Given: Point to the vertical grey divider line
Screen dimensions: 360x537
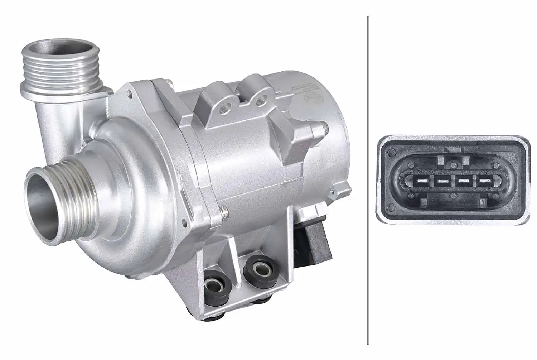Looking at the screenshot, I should click(x=368, y=179).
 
